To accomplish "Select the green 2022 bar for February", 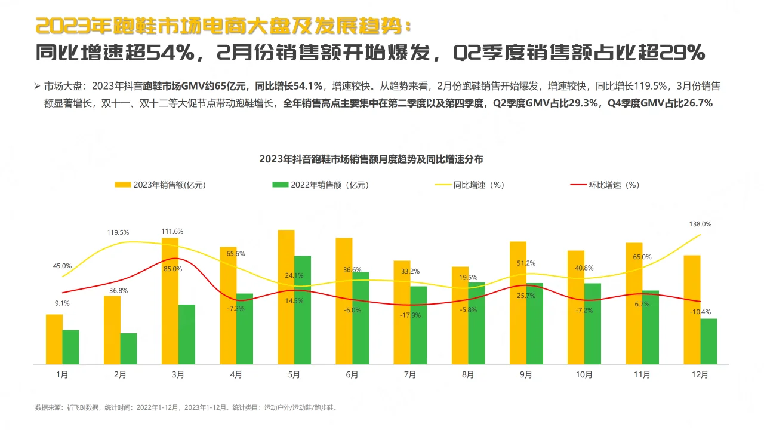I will pos(128,349).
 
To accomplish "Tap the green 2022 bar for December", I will pos(708,342).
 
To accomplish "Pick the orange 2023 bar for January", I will pos(54,339).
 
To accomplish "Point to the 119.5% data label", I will pos(118,232).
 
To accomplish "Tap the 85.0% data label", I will pos(172,269).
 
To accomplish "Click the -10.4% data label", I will pos(700,312).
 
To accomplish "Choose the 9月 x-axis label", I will pos(526,375).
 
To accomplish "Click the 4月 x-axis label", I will pos(236,375).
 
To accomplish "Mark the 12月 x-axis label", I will pos(700,375).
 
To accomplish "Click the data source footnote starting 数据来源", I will pos(190,408).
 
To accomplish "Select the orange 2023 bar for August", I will pos(460,315).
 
